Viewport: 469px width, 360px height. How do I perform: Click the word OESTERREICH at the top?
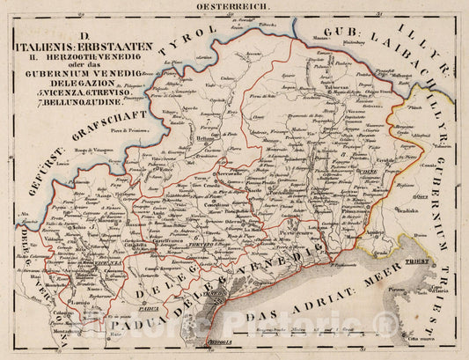coord(234,6)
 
